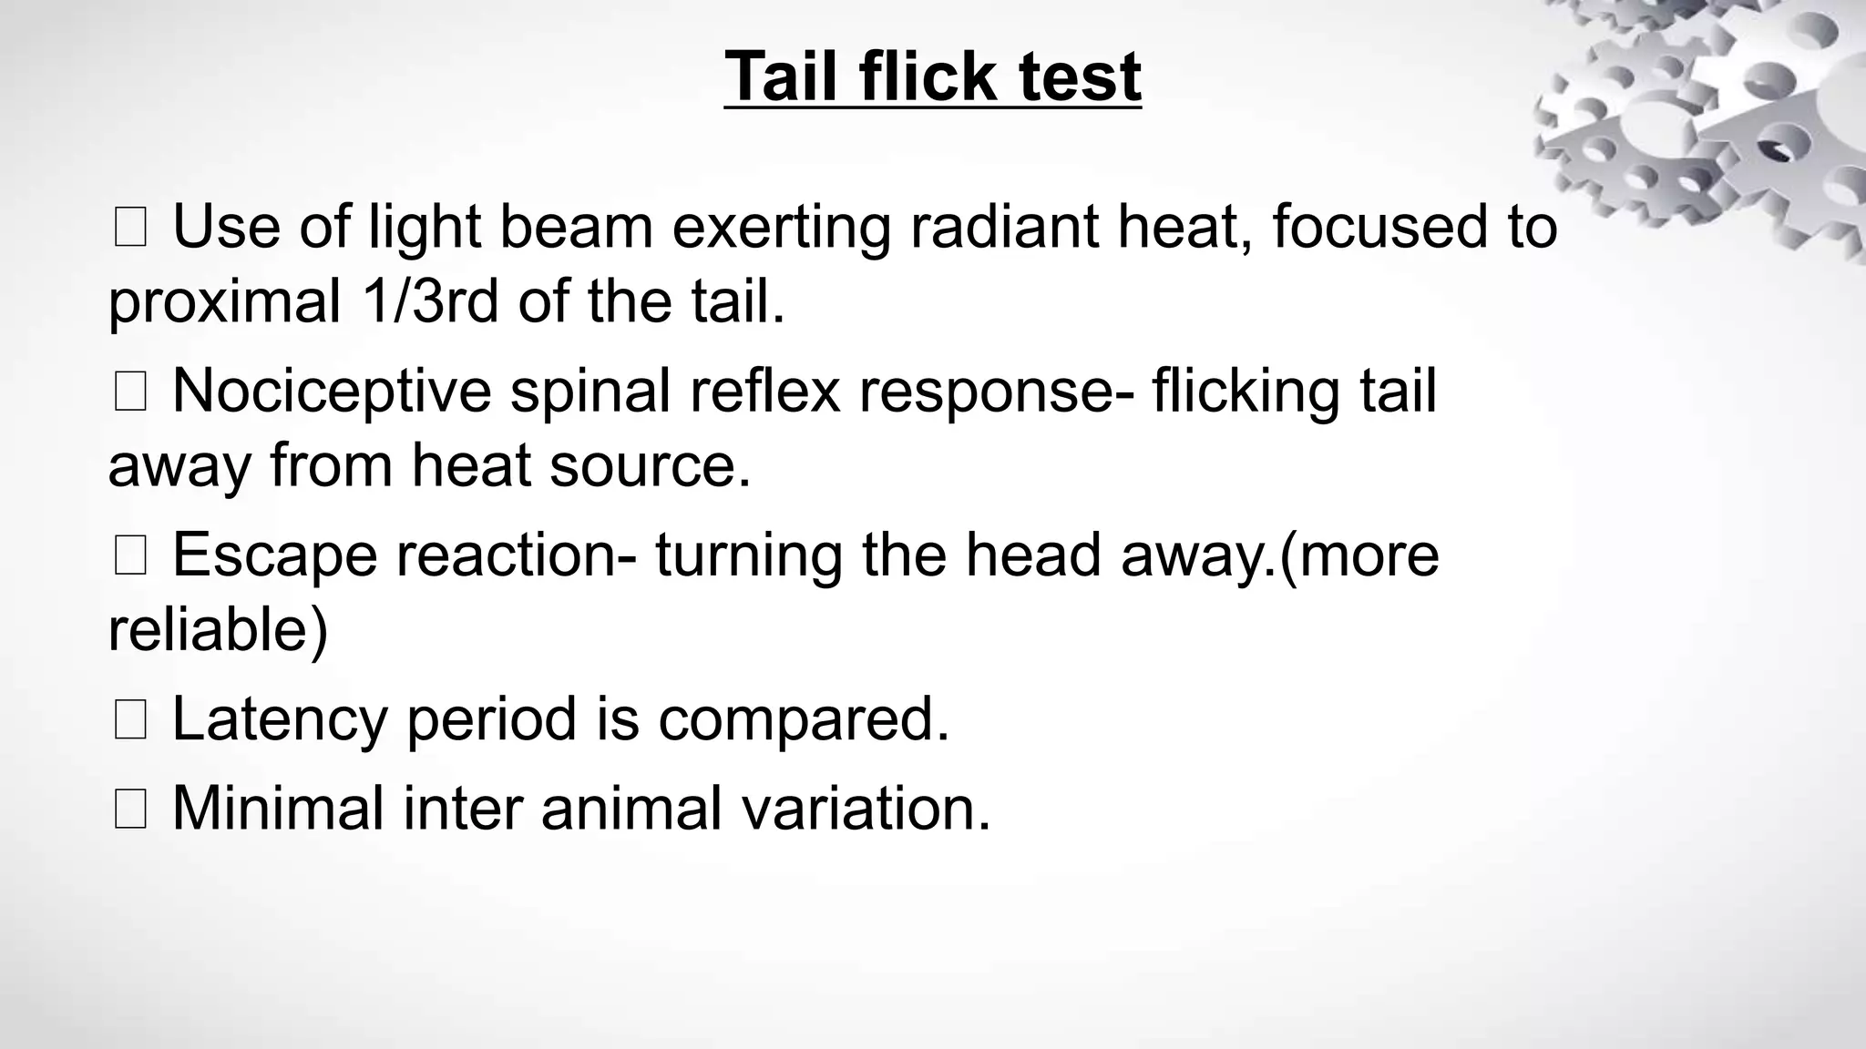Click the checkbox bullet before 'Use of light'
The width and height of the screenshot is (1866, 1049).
[130, 229]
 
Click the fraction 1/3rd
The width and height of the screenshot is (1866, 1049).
[430, 301]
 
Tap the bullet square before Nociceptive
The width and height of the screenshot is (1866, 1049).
[130, 392]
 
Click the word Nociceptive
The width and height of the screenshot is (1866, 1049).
[332, 392]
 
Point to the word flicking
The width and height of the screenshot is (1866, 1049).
[1246, 392]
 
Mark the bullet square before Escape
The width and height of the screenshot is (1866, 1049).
[130, 556]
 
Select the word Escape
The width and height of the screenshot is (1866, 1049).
[274, 556]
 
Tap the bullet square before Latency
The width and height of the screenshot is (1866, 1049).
[130, 720]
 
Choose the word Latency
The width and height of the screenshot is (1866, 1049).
[280, 720]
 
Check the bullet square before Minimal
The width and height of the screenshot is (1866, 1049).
[130, 810]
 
